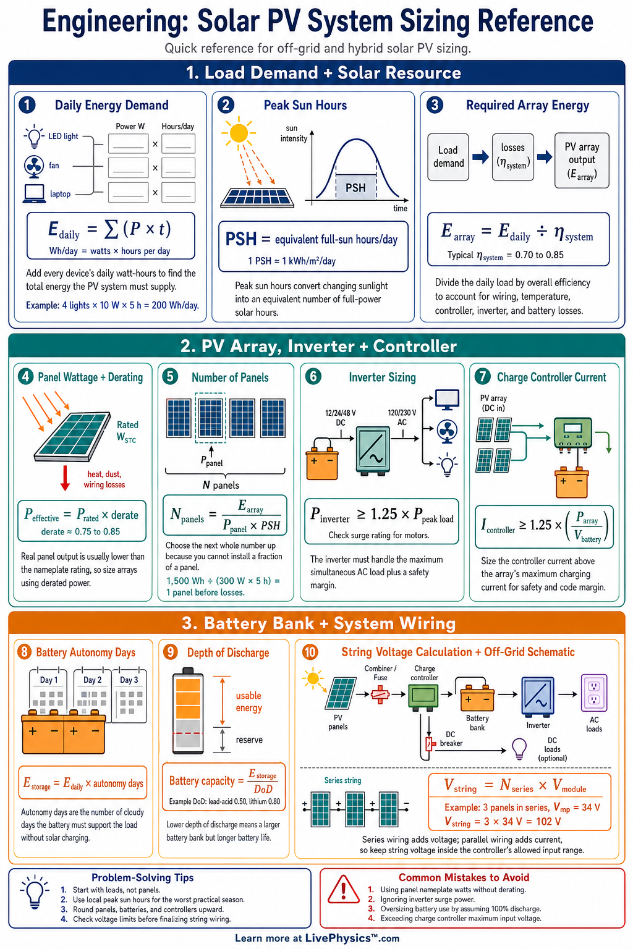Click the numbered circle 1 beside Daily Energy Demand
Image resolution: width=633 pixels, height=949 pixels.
27,105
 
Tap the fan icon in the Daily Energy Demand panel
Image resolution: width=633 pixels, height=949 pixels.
33,166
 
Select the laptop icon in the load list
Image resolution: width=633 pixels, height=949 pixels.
35,193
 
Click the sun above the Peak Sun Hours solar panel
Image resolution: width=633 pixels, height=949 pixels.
239,133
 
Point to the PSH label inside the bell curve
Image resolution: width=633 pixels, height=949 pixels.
355,188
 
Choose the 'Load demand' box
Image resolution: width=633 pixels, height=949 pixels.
448,157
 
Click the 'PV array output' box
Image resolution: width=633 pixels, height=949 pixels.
582,160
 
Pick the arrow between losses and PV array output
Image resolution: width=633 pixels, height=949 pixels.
545,157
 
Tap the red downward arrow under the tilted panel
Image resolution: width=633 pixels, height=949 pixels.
66,478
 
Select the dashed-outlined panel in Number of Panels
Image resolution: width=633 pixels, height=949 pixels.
210,418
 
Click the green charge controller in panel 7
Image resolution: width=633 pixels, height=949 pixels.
572,434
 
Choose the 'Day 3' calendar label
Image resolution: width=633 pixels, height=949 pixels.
129,680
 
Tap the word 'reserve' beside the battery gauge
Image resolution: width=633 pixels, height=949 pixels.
249,740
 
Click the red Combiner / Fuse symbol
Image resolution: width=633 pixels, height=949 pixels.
380,694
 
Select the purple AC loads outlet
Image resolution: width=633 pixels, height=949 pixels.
593,693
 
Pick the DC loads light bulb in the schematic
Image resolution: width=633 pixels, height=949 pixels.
519,749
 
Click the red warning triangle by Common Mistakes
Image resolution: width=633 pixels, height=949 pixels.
344,889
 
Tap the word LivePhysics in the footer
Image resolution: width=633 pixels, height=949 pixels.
338,938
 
